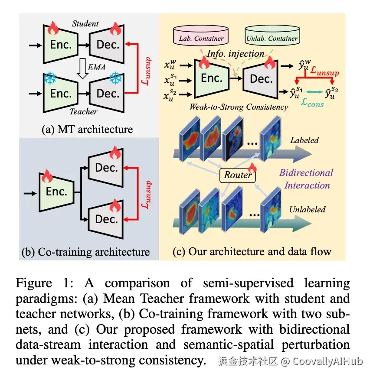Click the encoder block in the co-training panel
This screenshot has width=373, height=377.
click(x=57, y=191)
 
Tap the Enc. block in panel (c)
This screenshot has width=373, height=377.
click(x=211, y=78)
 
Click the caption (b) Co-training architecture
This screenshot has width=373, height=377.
click(x=85, y=252)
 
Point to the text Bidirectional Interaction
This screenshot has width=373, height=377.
click(x=306, y=179)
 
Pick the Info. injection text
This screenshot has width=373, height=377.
click(x=235, y=54)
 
